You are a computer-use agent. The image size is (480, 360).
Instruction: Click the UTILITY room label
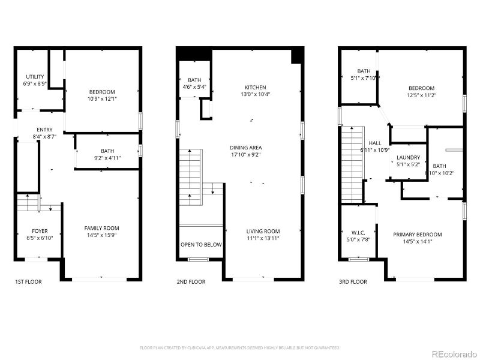35,76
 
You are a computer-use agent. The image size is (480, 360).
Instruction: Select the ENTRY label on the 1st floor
44,130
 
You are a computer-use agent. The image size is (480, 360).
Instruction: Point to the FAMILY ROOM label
101,228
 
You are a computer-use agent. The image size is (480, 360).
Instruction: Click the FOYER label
40,231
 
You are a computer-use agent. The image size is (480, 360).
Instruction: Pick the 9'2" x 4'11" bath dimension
107,158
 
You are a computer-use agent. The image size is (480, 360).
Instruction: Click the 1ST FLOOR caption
28,281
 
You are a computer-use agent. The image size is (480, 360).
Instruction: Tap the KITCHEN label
255,88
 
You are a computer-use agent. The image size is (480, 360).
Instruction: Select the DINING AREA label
254,148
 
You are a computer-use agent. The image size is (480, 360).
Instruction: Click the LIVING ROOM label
263,231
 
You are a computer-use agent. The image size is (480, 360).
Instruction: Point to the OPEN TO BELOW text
201,245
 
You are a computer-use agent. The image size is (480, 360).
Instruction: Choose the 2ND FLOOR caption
191,281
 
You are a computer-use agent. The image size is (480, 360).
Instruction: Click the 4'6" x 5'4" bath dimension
194,87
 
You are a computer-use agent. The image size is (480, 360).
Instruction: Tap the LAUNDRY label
408,157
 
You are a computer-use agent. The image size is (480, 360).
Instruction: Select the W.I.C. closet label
358,232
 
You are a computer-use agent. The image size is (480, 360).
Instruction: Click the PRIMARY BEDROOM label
418,235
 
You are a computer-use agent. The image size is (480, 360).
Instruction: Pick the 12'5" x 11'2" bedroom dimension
421,95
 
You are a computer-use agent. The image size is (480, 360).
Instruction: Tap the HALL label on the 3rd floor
375,143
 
